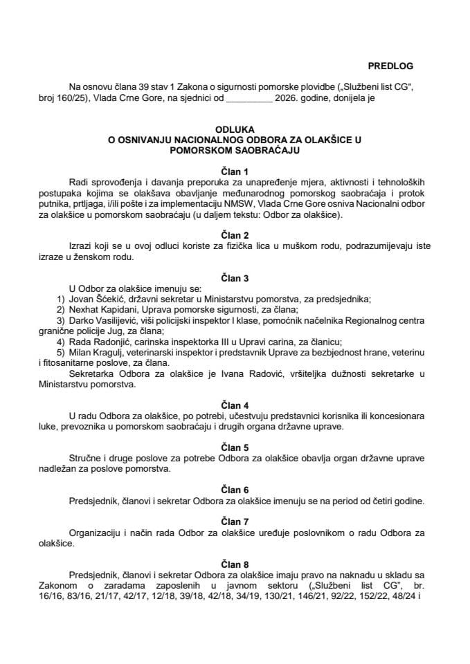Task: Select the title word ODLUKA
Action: tap(235, 129)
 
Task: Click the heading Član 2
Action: tap(235, 235)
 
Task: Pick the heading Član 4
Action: tap(235, 403)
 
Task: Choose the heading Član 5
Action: tap(235, 447)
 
